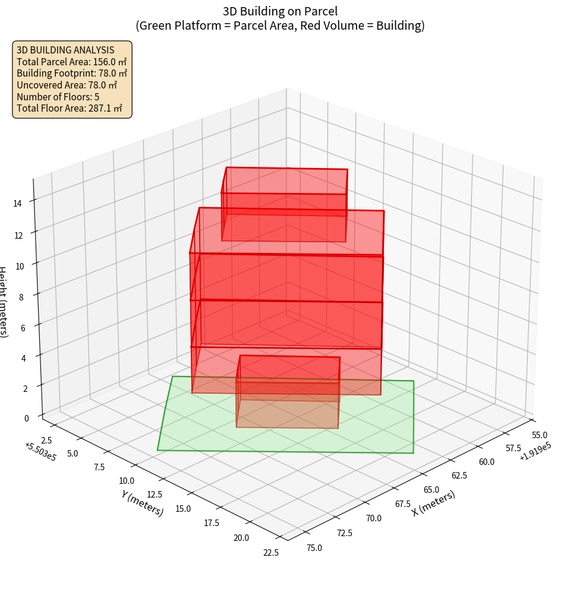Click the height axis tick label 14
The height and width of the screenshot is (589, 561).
(18, 203)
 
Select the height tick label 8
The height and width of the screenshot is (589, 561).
(21, 296)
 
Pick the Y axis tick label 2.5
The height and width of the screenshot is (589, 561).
(48, 440)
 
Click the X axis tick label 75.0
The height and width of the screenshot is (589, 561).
(314, 547)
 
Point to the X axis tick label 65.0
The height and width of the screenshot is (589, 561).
(431, 490)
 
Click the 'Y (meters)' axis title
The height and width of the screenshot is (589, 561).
(143, 503)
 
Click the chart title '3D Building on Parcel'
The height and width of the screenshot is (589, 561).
(280, 11)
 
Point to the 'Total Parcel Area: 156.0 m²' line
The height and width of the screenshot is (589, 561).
(72, 61)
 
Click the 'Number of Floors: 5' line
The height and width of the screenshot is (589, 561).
(58, 96)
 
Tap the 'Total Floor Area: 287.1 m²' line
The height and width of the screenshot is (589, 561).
(70, 108)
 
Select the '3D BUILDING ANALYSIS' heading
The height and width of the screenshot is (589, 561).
(65, 50)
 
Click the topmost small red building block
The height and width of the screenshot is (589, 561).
(285, 205)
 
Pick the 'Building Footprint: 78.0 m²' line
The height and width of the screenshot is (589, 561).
(72, 73)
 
